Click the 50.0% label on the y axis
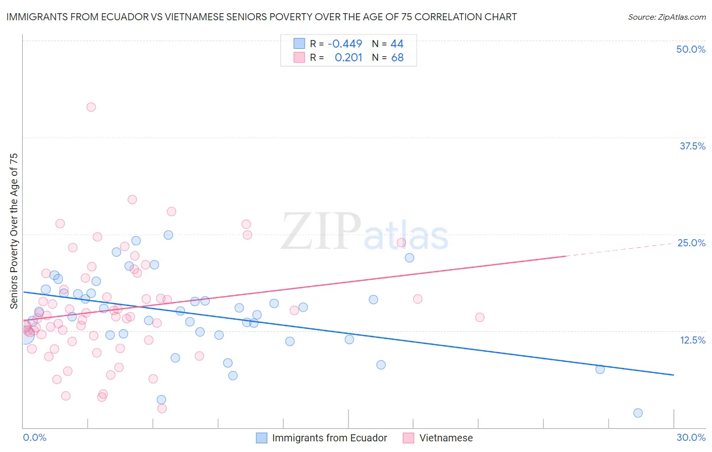pyautogui.click(x=691, y=49)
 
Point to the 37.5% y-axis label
pyautogui.click(x=692, y=146)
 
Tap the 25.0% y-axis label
pyautogui.click(x=691, y=243)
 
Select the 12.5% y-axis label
pyautogui.click(x=692, y=340)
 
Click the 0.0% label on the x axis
pyautogui.click(x=35, y=437)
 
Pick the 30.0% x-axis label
pyautogui.click(x=691, y=437)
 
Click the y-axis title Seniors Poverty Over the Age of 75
pyautogui.click(x=14, y=231)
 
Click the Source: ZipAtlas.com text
pyautogui.click(x=666, y=17)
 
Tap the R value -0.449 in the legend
pyautogui.click(x=345, y=44)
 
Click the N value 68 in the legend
pyautogui.click(x=398, y=58)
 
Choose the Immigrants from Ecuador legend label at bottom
pyautogui.click(x=329, y=438)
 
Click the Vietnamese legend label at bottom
pyautogui.click(x=446, y=438)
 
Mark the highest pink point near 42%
pyautogui.click(x=91, y=107)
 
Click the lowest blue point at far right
pyautogui.click(x=638, y=413)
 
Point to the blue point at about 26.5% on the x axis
pyautogui.click(x=600, y=369)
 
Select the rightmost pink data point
pyautogui.click(x=480, y=317)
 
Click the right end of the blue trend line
pyautogui.click(x=674, y=375)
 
